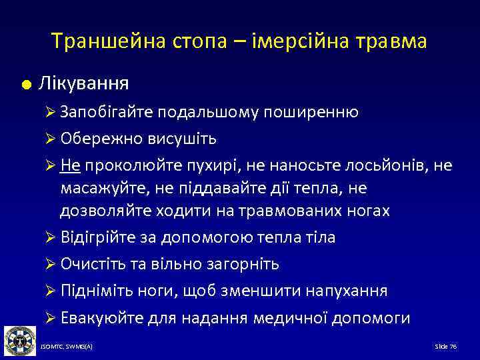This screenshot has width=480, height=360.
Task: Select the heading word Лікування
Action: [x=84, y=85]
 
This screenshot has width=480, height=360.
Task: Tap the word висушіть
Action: [x=184, y=139]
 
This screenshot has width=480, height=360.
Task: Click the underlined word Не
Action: [x=69, y=165]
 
